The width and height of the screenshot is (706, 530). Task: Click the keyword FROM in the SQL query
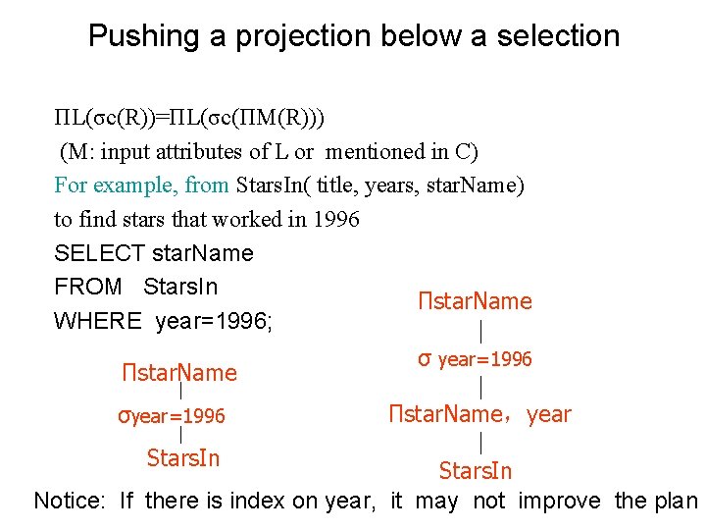point(87,287)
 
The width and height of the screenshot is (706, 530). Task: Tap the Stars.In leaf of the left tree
point(182,457)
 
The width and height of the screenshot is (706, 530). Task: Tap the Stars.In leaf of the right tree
point(476,471)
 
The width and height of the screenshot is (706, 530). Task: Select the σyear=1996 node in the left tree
point(172,416)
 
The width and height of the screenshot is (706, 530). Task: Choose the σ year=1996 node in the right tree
point(475,359)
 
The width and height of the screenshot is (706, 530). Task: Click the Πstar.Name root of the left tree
point(179,373)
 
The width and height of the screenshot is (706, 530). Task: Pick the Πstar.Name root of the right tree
point(475,301)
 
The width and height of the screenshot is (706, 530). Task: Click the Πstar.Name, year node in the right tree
point(479,414)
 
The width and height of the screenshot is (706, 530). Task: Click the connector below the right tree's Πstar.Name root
point(479,330)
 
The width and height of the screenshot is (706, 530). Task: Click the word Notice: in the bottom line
point(70,501)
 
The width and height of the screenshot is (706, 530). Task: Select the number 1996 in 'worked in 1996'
point(335,219)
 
